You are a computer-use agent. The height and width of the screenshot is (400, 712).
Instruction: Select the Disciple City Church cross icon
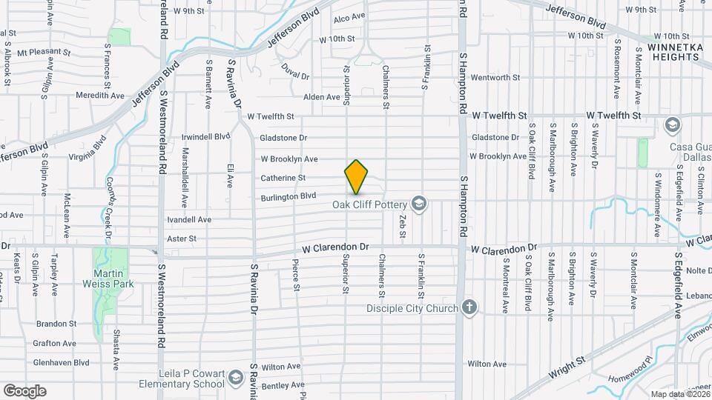tap(468, 307)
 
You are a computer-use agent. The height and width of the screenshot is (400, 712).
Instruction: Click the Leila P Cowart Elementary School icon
tap(235, 378)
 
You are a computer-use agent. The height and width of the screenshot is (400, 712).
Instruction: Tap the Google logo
tap(24, 390)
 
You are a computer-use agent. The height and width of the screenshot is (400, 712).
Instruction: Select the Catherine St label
tap(283, 178)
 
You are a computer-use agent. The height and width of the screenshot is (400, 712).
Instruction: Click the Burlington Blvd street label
tap(288, 197)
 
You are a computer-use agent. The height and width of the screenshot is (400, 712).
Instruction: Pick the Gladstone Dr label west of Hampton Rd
tap(283, 138)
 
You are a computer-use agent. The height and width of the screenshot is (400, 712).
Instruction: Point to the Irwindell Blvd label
tap(206, 137)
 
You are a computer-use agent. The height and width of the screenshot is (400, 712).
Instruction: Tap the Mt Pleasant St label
tap(43, 53)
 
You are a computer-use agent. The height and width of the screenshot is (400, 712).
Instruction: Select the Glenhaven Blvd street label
tap(61, 363)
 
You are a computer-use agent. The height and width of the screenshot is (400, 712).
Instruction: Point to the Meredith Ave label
tap(99, 96)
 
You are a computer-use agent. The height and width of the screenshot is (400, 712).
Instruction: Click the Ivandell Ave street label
tap(189, 220)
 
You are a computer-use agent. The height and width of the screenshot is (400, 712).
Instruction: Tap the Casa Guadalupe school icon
tap(673, 124)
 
